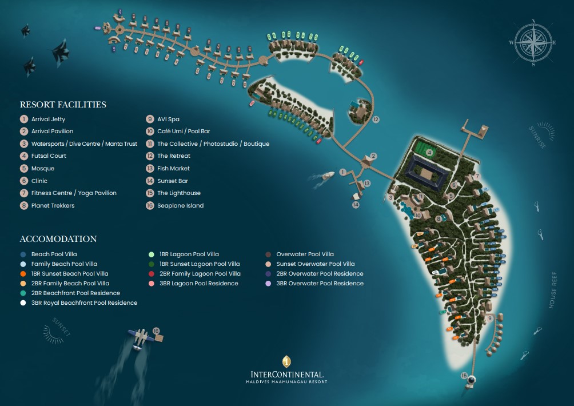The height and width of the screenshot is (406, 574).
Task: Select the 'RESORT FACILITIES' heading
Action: coord(63,105)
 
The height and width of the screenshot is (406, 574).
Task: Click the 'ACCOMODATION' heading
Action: coord(58,239)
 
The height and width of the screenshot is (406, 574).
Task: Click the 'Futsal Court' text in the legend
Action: coord(49,156)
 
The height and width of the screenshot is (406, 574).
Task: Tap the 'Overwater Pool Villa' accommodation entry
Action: coord(305,254)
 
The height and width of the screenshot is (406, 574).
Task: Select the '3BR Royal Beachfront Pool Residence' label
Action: coord(84,303)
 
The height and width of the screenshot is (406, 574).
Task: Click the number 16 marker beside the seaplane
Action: coord(156,331)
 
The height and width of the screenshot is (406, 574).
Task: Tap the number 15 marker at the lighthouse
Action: coord(464,375)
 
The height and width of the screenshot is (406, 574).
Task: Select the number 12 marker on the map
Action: coord(376,120)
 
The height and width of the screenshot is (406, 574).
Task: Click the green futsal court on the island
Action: coord(429,153)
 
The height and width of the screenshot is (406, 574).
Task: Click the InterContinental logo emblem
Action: coord(286,362)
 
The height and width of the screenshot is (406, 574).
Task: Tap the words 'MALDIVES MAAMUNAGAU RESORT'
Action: coord(286,381)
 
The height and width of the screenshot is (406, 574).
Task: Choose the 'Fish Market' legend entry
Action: coord(173,169)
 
